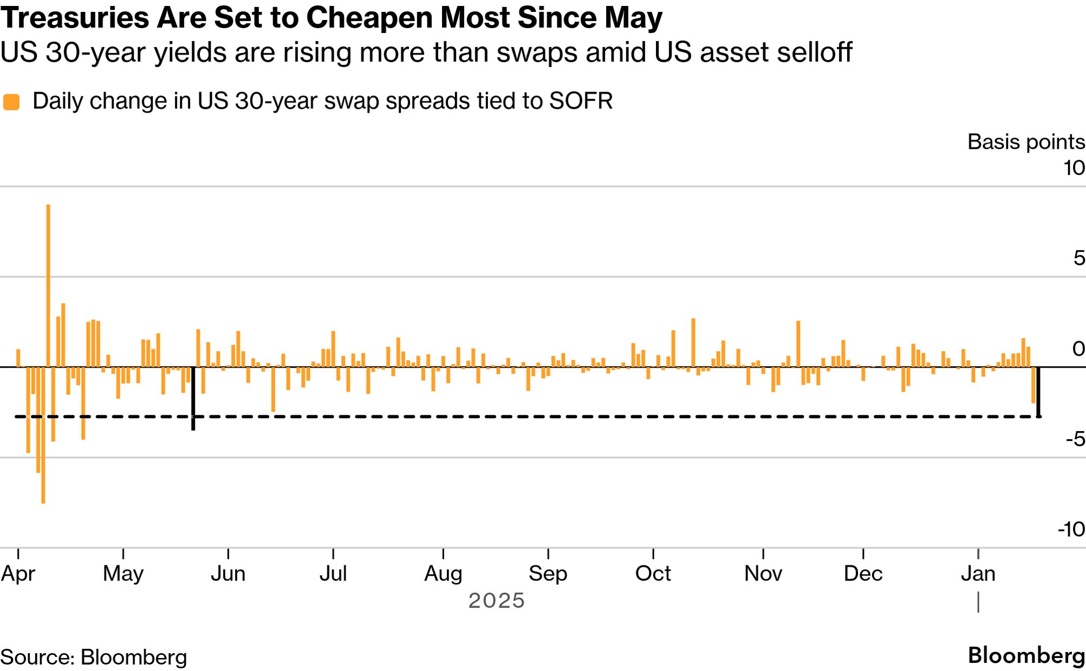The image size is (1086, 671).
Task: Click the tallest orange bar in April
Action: (48, 285)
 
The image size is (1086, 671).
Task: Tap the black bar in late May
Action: (193, 398)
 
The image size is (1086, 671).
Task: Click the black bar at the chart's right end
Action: (1038, 392)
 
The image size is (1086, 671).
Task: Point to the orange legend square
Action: (11, 102)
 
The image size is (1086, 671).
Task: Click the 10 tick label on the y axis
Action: (1074, 168)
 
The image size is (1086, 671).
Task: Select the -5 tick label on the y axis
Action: (1075, 439)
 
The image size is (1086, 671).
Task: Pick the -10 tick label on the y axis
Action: (1071, 529)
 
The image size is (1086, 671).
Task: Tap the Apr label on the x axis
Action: (18, 574)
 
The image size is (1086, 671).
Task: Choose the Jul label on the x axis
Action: (333, 574)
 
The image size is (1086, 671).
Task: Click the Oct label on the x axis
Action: (653, 574)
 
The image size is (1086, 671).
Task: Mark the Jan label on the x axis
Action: (978, 574)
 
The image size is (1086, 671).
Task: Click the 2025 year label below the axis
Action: (496, 601)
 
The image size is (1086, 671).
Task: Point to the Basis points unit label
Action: (1026, 142)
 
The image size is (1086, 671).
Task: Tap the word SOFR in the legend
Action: (581, 101)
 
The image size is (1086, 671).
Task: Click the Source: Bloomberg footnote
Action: (94, 657)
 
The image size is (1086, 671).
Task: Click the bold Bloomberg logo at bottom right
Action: (1026, 655)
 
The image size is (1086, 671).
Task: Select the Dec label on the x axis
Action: (863, 574)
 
